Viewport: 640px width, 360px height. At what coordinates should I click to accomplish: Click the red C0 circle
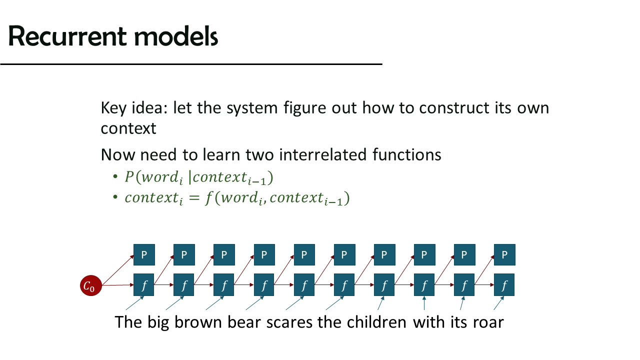(91, 285)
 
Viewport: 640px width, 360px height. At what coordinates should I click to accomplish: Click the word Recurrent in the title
(67, 36)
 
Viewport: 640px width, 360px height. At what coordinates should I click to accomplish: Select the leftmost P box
(144, 254)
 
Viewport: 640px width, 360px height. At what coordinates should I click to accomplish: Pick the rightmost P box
(504, 254)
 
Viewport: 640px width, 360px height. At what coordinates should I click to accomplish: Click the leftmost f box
(143, 285)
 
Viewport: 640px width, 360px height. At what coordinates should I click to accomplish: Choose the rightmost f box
(504, 285)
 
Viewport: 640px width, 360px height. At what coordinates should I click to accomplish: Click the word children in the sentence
(376, 322)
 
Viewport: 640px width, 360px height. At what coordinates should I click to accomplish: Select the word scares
(289, 323)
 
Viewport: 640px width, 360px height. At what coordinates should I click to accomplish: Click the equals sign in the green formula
(194, 198)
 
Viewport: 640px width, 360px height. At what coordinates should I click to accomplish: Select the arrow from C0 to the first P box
(118, 270)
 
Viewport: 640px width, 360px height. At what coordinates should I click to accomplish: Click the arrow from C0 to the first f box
(117, 285)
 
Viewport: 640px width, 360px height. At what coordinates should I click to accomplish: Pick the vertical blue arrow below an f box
(424, 303)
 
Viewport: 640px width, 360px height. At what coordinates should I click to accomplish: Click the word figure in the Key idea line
(305, 108)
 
